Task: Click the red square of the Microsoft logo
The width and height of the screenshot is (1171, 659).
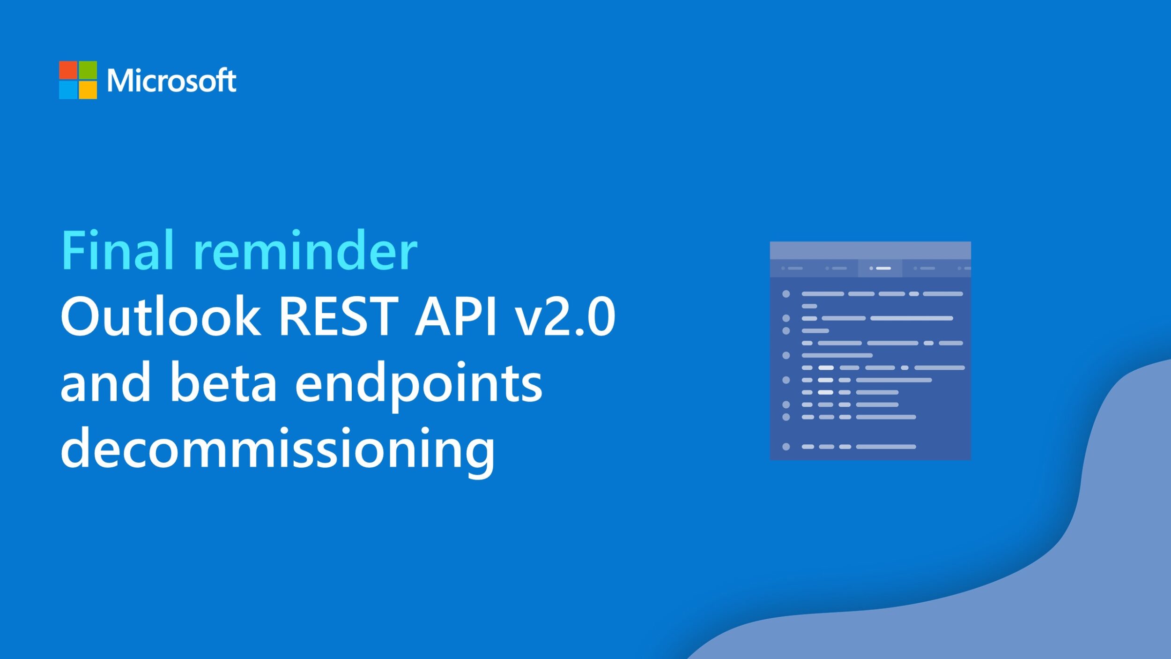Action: coord(68,70)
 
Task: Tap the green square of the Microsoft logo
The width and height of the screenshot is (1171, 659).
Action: coord(88,70)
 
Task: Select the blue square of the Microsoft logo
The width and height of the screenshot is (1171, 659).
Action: coord(68,90)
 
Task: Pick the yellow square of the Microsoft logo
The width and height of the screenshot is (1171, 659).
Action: coord(88,90)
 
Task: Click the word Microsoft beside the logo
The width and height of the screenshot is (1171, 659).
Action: coord(171,80)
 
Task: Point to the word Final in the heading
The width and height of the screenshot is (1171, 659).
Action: coord(118,250)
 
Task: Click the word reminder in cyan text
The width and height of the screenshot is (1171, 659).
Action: coord(305,250)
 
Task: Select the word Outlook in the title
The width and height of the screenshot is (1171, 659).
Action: coord(161,316)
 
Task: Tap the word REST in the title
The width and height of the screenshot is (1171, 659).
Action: coord(338,316)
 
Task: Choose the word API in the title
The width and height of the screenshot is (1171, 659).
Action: coord(455,316)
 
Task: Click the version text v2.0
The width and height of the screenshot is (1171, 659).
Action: coord(565,316)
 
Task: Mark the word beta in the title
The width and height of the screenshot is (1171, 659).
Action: coord(223,382)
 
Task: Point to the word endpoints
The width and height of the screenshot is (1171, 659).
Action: coord(419,385)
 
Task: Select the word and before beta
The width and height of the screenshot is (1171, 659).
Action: coord(106,382)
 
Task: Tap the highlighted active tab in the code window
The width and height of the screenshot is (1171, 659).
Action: coord(880,268)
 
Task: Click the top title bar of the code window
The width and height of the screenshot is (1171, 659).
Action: coord(870,250)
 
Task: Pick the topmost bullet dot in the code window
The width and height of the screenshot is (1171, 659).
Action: coord(786,294)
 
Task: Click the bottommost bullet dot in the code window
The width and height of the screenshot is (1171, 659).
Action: coord(786,447)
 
